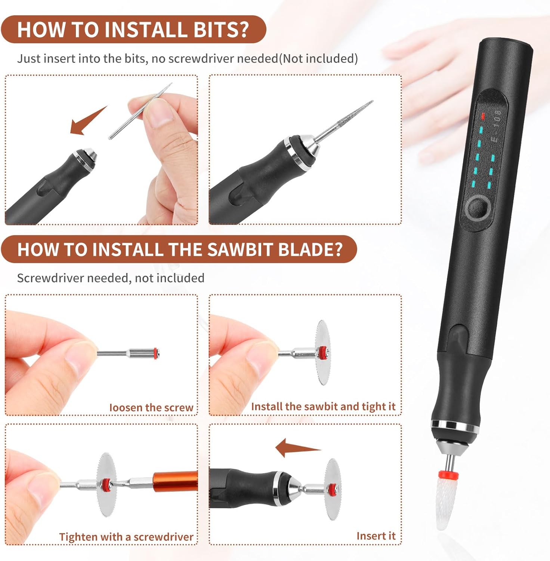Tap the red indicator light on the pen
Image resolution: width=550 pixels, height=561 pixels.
point(483,116)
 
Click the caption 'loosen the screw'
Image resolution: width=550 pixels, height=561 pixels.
point(151,407)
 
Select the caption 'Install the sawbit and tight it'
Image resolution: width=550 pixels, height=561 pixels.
point(323,407)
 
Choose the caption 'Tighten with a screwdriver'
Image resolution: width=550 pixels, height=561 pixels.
point(126,537)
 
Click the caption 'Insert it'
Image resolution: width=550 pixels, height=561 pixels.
point(376,536)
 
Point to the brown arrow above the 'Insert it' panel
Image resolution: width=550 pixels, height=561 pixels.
point(297,448)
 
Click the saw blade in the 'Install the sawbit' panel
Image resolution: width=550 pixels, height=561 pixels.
point(322,352)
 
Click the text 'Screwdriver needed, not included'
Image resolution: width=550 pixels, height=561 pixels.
point(111,278)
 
